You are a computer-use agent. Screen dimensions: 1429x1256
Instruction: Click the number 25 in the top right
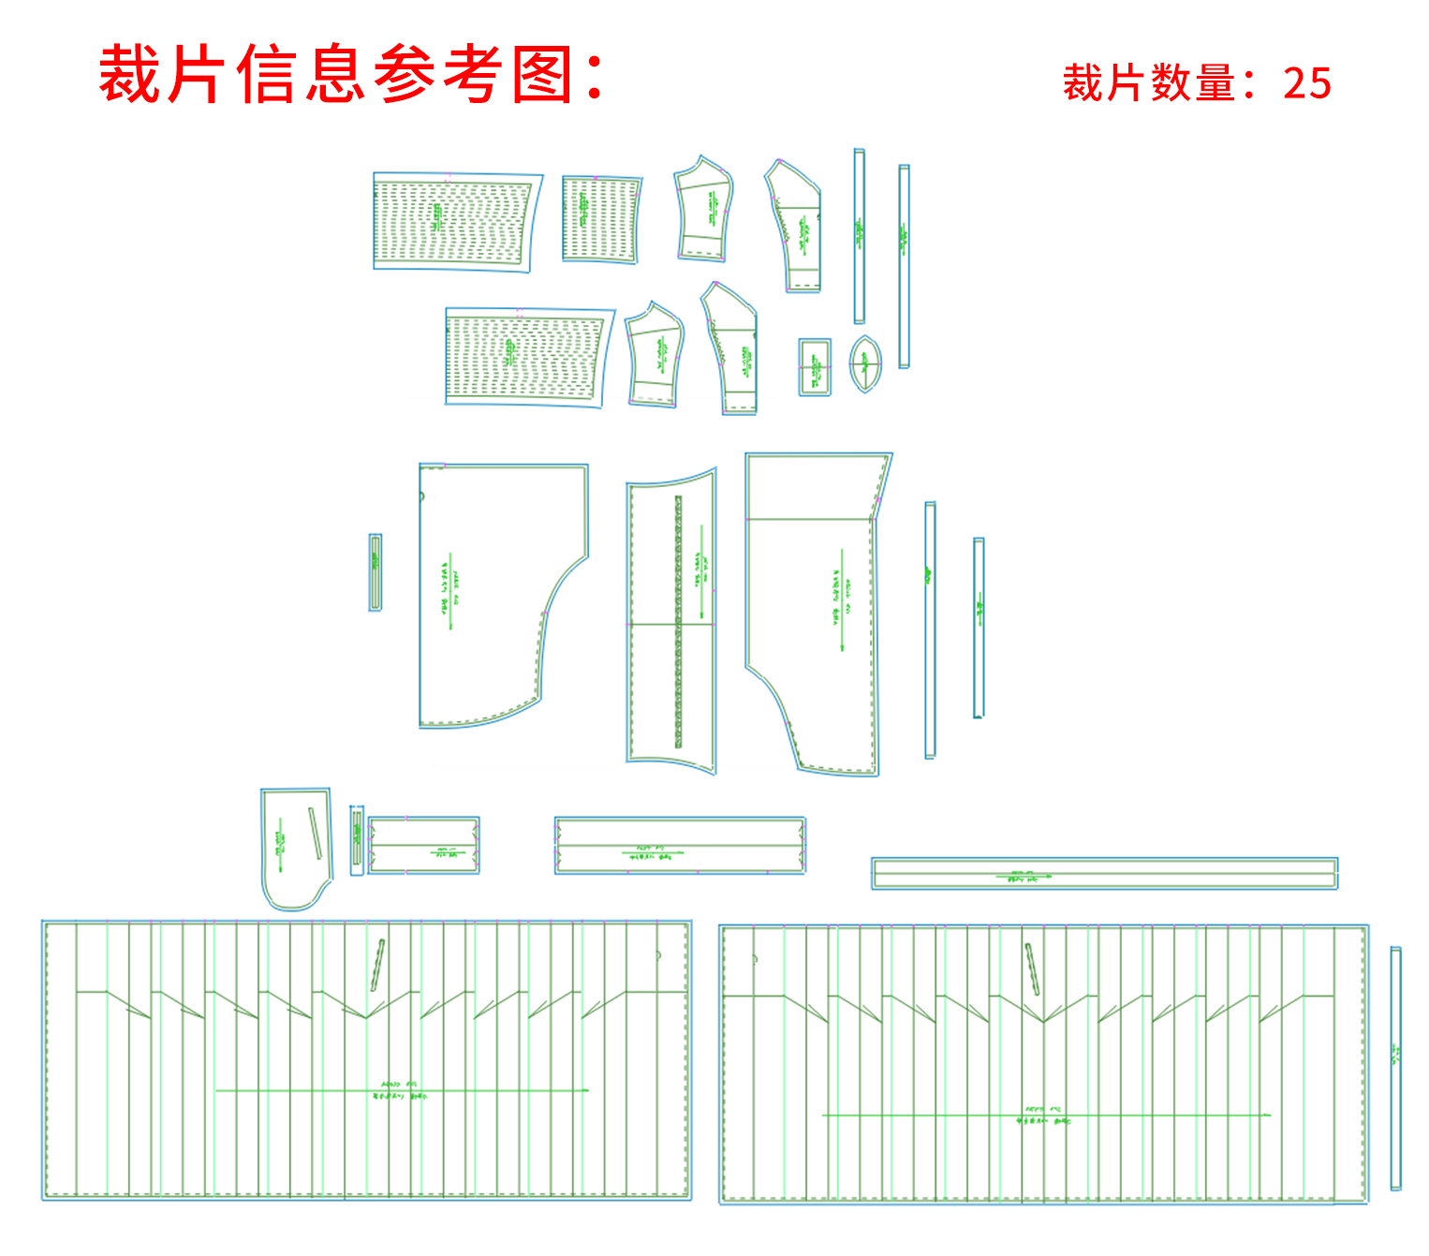(1307, 84)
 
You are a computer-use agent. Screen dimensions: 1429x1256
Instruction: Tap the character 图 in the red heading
(544, 75)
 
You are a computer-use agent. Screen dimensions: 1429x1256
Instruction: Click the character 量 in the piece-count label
(1215, 84)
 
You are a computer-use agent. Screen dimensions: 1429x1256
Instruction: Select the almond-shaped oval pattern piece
(865, 363)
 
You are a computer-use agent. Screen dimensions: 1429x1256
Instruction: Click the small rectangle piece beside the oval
(815, 367)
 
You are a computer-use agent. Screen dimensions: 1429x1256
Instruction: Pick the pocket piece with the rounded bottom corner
(294, 848)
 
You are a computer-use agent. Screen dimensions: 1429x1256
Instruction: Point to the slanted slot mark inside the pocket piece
(317, 833)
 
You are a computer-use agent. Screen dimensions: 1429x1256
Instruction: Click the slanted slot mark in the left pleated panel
(377, 965)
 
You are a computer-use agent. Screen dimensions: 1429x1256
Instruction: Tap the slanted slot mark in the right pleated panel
(1032, 969)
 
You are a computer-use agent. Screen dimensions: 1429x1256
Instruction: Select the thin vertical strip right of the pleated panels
(1395, 1068)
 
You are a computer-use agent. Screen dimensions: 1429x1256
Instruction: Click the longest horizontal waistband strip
(1104, 873)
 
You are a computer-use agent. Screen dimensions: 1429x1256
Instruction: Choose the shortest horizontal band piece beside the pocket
(423, 845)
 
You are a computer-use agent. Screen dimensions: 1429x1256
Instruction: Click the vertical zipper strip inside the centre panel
(678, 622)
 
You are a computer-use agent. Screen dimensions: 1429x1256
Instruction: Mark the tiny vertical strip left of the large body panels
(376, 572)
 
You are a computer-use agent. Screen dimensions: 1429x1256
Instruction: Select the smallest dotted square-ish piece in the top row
(601, 219)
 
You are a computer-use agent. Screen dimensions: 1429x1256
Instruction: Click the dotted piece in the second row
(527, 356)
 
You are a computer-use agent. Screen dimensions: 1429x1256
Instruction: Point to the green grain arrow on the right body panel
(842, 599)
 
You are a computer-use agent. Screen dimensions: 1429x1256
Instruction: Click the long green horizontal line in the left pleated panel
(403, 1090)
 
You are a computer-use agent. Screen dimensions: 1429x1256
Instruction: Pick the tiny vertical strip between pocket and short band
(357, 839)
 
